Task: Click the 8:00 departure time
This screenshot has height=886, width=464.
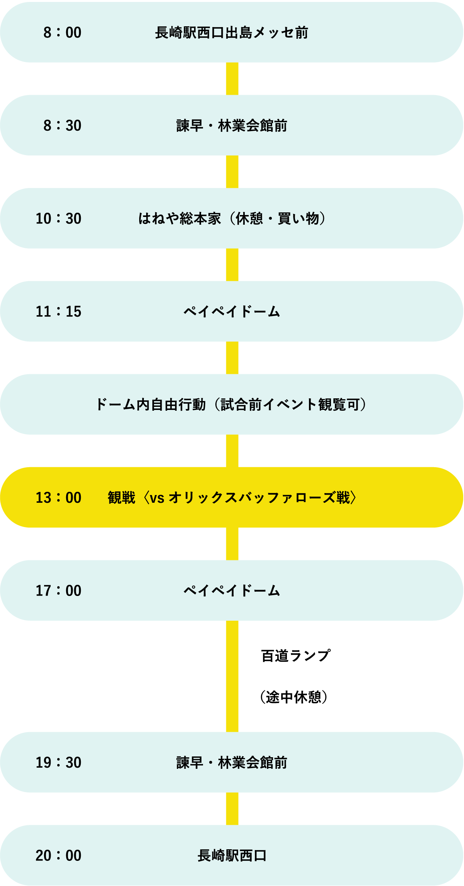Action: pos(62,32)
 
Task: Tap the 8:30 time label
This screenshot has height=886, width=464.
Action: pos(62,126)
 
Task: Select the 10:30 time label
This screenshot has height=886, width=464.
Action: pos(58,219)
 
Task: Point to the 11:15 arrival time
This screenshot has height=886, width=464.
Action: pos(58,312)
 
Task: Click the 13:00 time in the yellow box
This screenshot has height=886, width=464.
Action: pos(58,498)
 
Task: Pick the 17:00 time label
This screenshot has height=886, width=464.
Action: pos(58,591)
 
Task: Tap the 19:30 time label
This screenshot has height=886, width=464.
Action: pos(58,762)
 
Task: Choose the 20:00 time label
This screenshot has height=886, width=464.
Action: pos(58,855)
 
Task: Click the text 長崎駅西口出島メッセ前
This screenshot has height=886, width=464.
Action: pos(232,32)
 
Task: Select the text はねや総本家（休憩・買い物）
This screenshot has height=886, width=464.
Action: pos(232,219)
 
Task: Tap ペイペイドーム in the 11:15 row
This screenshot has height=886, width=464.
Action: pos(232,311)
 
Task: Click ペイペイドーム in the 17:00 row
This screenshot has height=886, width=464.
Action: pos(232,591)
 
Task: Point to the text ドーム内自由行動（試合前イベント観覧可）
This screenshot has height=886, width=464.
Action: pos(231,405)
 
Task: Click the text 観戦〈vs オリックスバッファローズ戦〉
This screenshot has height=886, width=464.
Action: pos(232,498)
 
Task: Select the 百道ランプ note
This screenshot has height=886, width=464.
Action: pos(296,656)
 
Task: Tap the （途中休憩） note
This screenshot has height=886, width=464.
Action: pos(294,697)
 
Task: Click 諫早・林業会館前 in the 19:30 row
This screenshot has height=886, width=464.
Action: pos(232,762)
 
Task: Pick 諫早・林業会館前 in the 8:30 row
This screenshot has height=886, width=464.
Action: pos(232,126)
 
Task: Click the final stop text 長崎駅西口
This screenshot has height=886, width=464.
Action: pos(232,855)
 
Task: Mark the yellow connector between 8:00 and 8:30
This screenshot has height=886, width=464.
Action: pos(232,79)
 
